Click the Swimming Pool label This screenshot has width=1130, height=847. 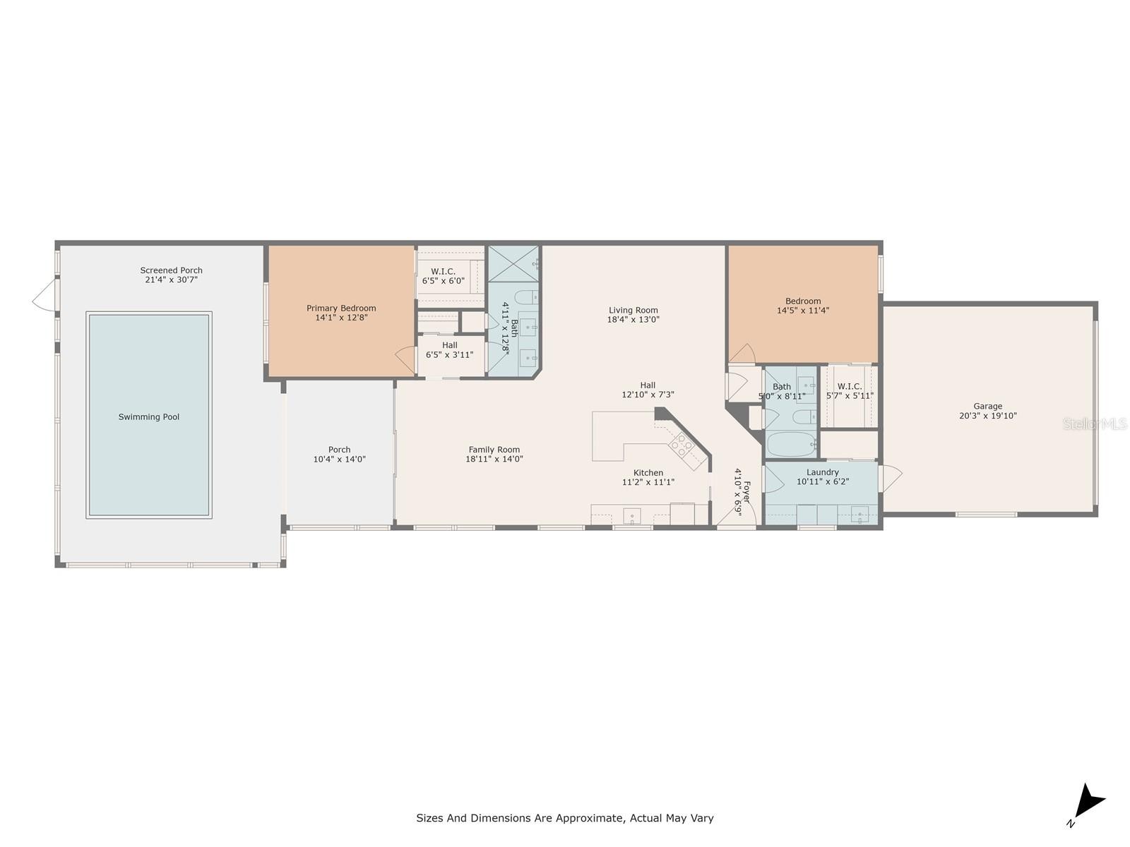149,417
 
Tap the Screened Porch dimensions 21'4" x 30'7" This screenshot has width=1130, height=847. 172,280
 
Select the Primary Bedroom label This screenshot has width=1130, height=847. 341,308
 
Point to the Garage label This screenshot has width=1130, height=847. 987,407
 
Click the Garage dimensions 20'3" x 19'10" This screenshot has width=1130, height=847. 988,416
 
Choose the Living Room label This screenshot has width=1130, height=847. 634,310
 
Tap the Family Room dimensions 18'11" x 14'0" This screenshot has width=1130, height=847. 494,459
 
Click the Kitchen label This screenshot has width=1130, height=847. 648,473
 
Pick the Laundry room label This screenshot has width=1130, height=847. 823,472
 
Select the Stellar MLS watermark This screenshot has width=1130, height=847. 1095,424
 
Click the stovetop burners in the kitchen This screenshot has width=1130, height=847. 681,446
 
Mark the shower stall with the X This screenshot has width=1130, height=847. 513,264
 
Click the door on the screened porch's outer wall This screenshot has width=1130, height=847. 44,294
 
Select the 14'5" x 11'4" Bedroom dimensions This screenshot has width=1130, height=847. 803,310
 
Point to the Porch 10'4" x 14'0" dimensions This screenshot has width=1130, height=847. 339,459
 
